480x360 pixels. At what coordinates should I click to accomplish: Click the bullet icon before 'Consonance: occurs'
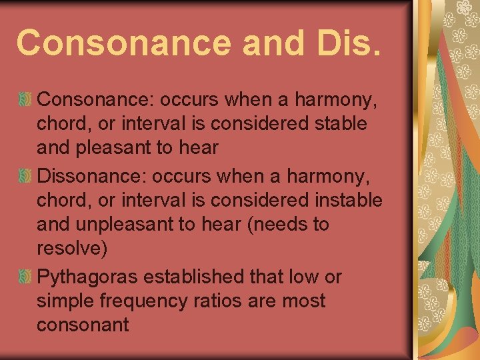pyautogui.click(x=25, y=100)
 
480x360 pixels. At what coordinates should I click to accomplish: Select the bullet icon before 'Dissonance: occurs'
pyautogui.click(x=25, y=176)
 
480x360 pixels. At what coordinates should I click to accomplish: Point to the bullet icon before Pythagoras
pyautogui.click(x=25, y=276)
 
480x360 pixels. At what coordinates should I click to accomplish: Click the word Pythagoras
pyautogui.click(x=96, y=277)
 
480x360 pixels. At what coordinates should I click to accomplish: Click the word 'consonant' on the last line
pyautogui.click(x=83, y=325)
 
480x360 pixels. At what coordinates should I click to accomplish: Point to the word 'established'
pyautogui.click(x=211, y=277)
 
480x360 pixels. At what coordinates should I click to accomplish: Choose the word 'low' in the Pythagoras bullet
pyautogui.click(x=304, y=277)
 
